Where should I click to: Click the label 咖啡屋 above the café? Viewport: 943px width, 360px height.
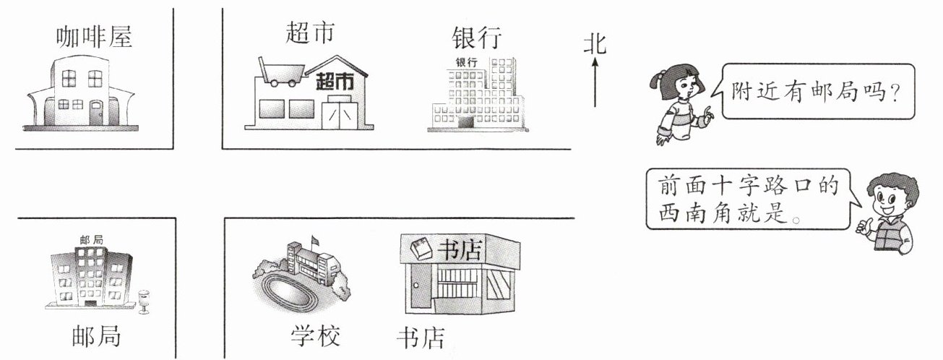pos(95,37)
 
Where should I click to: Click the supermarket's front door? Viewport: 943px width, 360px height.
pos(340,114)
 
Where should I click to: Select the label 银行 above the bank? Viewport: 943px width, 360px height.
pos(476,38)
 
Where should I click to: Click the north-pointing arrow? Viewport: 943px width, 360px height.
pos(595,83)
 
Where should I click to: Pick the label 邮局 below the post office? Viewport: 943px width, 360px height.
pos(96,336)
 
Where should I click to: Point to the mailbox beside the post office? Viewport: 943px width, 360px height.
pos(144,299)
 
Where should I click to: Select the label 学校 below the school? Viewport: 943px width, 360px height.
pos(315,335)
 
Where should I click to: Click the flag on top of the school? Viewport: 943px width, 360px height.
pos(314,239)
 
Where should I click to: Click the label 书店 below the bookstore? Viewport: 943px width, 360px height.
pos(421,338)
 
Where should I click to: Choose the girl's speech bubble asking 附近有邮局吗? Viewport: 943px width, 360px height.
pos(817,92)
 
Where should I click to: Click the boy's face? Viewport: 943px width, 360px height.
pos(887,203)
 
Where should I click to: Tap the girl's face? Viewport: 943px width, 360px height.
pos(682,88)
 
